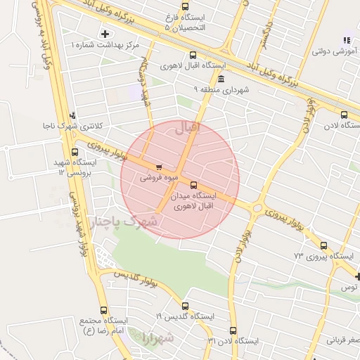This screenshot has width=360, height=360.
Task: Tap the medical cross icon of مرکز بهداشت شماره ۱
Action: [x=105, y=33]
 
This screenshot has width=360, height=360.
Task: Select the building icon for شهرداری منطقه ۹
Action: [x=221, y=78]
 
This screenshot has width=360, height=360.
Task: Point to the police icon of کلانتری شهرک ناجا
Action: [x=71, y=116]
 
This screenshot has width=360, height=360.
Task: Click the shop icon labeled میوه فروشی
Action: [x=159, y=167]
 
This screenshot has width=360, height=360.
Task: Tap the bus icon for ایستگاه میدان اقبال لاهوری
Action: [x=194, y=185]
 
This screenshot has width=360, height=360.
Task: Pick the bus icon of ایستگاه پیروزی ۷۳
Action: [x=323, y=245]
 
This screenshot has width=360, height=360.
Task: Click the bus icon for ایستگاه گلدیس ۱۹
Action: [x=185, y=306]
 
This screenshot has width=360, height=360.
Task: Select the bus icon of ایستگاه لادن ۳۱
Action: [x=233, y=330]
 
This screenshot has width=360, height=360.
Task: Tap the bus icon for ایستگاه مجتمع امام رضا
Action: [x=105, y=310]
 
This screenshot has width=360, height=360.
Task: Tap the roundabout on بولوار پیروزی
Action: [x=257, y=208]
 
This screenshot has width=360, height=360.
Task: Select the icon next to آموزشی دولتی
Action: [x=345, y=41]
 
